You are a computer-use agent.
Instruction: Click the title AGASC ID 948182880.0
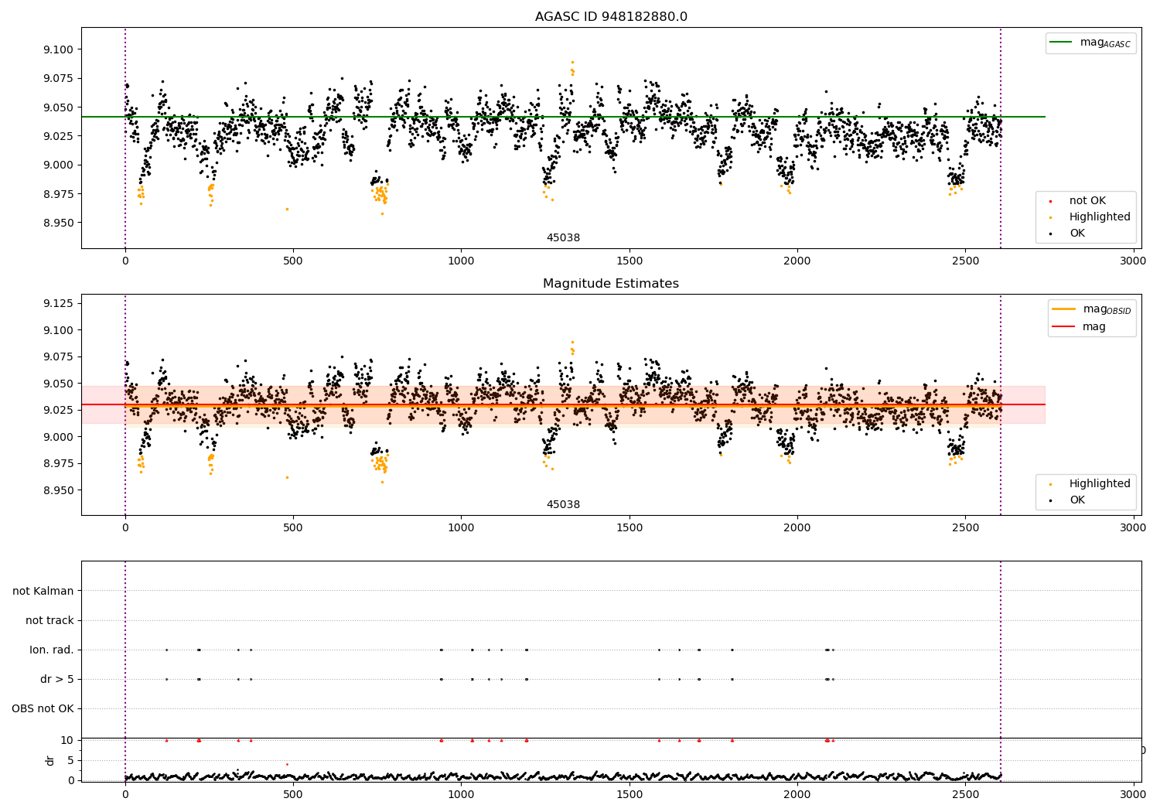611,16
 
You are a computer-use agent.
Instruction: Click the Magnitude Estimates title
611,283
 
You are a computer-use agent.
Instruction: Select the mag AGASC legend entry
1090,43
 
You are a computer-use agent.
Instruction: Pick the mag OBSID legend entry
1091,309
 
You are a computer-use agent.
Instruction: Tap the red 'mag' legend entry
1079,327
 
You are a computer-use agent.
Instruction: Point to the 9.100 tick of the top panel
59,49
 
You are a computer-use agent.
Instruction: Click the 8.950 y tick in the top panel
59,223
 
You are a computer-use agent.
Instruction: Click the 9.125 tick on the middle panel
59,303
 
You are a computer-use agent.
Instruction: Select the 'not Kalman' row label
43,591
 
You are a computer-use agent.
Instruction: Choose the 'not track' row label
49,620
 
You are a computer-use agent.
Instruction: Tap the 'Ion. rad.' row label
52,650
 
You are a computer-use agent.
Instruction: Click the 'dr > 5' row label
57,679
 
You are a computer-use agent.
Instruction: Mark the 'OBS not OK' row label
43,708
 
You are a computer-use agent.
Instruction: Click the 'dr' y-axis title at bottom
49,760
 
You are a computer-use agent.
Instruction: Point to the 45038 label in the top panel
564,237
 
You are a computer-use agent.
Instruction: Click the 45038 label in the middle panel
564,504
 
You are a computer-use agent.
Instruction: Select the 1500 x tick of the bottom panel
629,794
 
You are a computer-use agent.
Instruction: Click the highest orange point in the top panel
572,62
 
